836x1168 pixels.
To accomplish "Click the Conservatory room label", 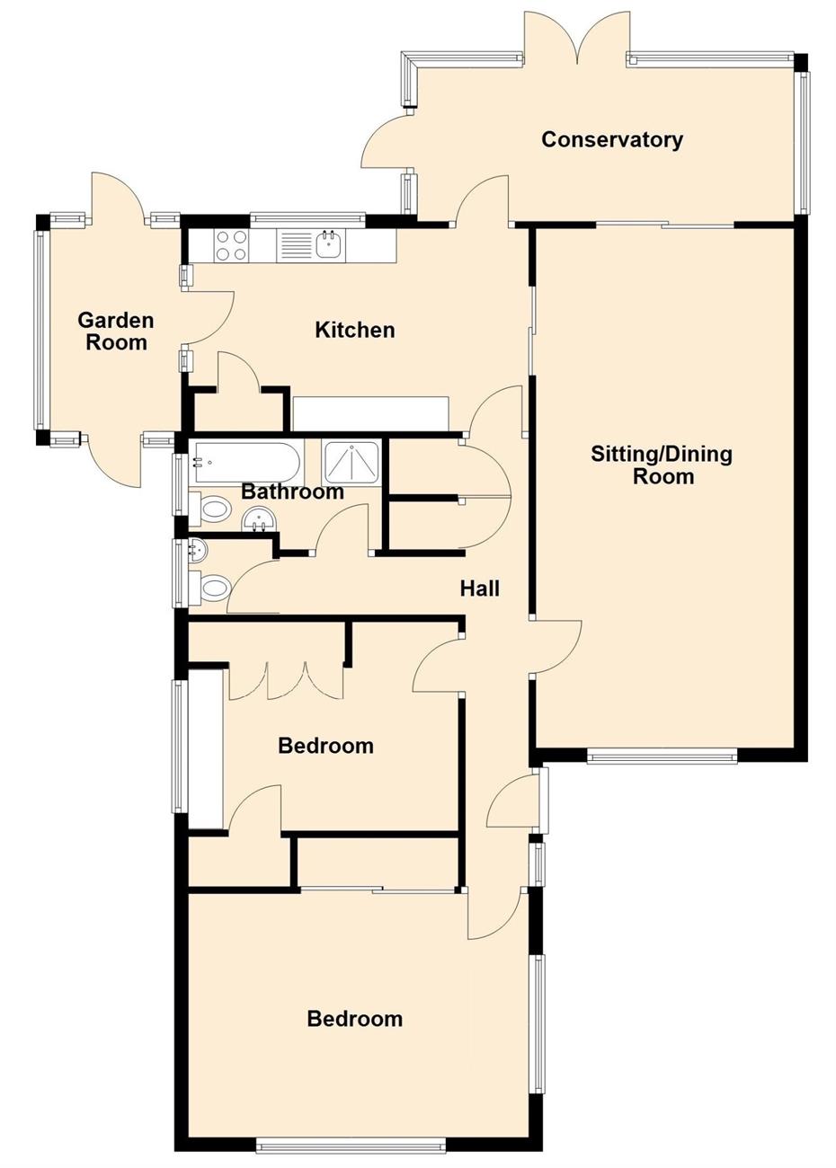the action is click(611, 140).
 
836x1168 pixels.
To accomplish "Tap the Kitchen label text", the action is click(355, 330).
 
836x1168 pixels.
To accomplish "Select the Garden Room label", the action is click(116, 332).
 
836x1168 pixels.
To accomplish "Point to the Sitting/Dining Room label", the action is click(662, 465).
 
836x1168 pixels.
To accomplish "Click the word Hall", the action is click(480, 588).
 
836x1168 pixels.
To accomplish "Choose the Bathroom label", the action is click(292, 491).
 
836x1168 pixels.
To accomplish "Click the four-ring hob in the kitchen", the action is click(230, 245).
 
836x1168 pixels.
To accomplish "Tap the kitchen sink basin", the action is click(329, 244).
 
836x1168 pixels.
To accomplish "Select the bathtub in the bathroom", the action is click(245, 463).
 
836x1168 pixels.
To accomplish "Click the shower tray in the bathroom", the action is click(352, 464).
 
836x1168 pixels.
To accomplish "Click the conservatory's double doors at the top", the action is click(576, 38).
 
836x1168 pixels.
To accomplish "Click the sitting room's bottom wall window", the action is click(662, 757).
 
